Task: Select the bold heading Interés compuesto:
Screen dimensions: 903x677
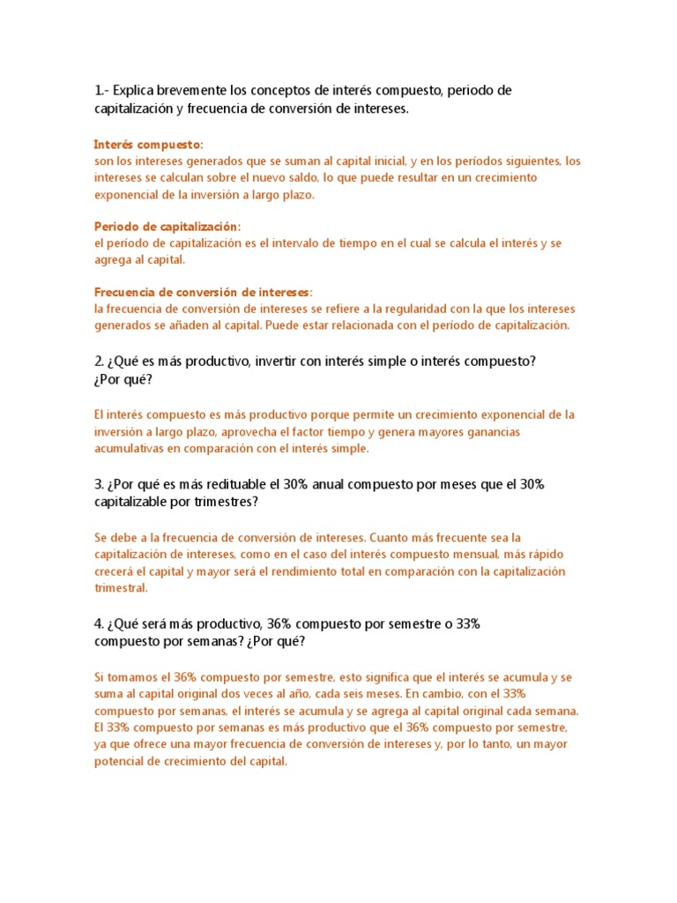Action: point(148,144)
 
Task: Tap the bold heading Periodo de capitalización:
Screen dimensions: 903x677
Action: point(167,227)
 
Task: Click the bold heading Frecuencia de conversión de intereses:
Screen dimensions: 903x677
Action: point(203,292)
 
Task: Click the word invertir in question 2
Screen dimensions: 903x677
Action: point(278,362)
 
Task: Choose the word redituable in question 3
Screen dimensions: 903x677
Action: point(231,484)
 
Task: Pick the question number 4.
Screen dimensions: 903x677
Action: point(99,623)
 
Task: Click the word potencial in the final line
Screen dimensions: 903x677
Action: point(128,762)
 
